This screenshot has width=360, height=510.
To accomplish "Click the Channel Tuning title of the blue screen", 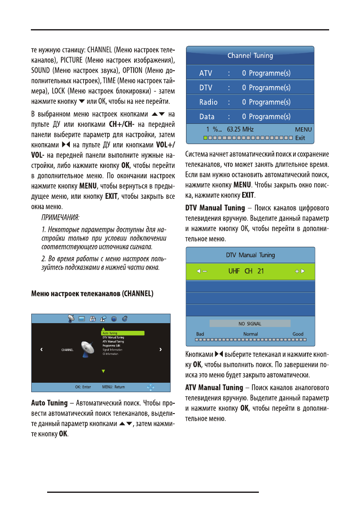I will (x=250, y=56).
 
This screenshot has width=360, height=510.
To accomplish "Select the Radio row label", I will (x=208, y=102).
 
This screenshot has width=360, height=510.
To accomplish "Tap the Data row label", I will (x=207, y=117).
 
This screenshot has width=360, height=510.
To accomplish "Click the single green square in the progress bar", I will (x=205, y=138).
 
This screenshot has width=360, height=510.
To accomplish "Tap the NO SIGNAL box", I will (x=249, y=324).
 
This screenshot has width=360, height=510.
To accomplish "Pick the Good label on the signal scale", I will (x=298, y=334).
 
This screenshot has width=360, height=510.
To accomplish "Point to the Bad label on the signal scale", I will (x=200, y=334).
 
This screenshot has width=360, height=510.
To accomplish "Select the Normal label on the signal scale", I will (x=250, y=334).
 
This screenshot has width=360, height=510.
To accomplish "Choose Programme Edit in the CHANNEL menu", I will (x=112, y=345).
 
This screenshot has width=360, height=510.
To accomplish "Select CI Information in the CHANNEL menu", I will (x=111, y=354).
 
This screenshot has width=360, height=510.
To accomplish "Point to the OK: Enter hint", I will (x=83, y=387).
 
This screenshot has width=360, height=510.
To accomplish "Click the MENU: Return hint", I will (x=114, y=387).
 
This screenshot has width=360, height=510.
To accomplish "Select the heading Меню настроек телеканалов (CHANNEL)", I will (x=92, y=294).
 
